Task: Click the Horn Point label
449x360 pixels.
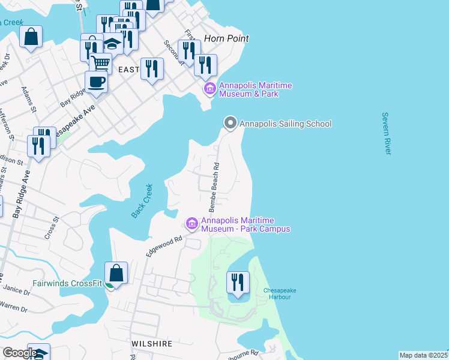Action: point(226,38)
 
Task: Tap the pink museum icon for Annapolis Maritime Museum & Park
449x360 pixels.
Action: point(209,89)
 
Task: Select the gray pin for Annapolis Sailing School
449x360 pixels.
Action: point(230,124)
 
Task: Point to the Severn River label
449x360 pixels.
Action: point(386,133)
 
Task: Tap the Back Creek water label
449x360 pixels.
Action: point(142,200)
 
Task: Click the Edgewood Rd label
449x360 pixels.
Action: point(164,247)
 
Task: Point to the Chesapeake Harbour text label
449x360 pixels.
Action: point(280,295)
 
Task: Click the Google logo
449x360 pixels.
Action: point(19,353)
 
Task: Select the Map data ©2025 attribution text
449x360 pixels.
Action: point(423,355)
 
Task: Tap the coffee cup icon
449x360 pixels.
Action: point(96,82)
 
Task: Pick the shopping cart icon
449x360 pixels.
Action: point(100,62)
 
